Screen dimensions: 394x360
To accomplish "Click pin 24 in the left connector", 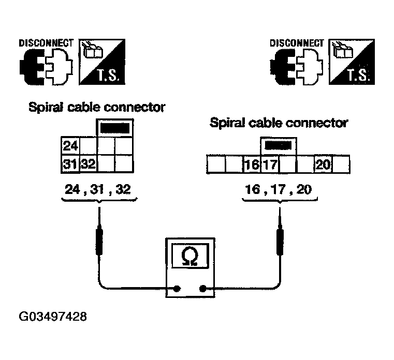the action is (70, 146).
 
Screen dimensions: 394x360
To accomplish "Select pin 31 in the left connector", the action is (70, 164).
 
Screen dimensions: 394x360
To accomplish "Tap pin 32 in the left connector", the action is (88, 164).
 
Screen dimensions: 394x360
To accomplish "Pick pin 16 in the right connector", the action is (252, 164).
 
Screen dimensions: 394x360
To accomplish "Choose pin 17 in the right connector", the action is (270, 164).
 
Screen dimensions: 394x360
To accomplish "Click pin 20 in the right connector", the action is (323, 164).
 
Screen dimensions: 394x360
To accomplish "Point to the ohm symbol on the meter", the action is (189, 256).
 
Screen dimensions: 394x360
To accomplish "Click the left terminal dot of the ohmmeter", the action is (177, 289).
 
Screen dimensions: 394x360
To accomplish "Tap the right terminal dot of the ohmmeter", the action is (202, 289).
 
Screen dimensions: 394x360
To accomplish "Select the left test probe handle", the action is (99, 240).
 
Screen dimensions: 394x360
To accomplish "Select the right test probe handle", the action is (280, 240).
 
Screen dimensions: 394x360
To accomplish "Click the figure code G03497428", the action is (53, 317).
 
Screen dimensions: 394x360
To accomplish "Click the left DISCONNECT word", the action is (46, 43).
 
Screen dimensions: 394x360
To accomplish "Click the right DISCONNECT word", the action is (297, 43).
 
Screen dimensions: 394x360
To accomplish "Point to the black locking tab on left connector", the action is (115, 128).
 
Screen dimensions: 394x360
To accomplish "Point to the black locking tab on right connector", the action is (279, 145).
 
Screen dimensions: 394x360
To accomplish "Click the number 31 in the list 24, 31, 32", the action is (97, 189).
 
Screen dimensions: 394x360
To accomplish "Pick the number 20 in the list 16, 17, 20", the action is (304, 189).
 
